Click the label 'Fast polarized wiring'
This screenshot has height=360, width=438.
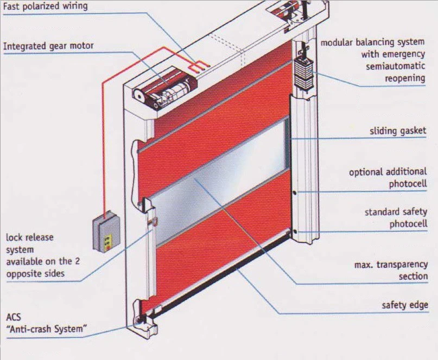click(46, 7)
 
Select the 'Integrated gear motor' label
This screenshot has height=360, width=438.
click(48, 46)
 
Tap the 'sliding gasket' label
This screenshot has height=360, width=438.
click(398, 131)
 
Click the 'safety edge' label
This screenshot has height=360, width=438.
click(404, 305)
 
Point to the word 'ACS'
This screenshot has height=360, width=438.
click(14, 317)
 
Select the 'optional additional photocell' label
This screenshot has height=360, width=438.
click(388, 178)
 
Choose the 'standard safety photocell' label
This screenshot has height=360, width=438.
click(396, 218)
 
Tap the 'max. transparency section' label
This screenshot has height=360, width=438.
click(390, 271)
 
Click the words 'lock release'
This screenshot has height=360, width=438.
click(29, 237)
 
